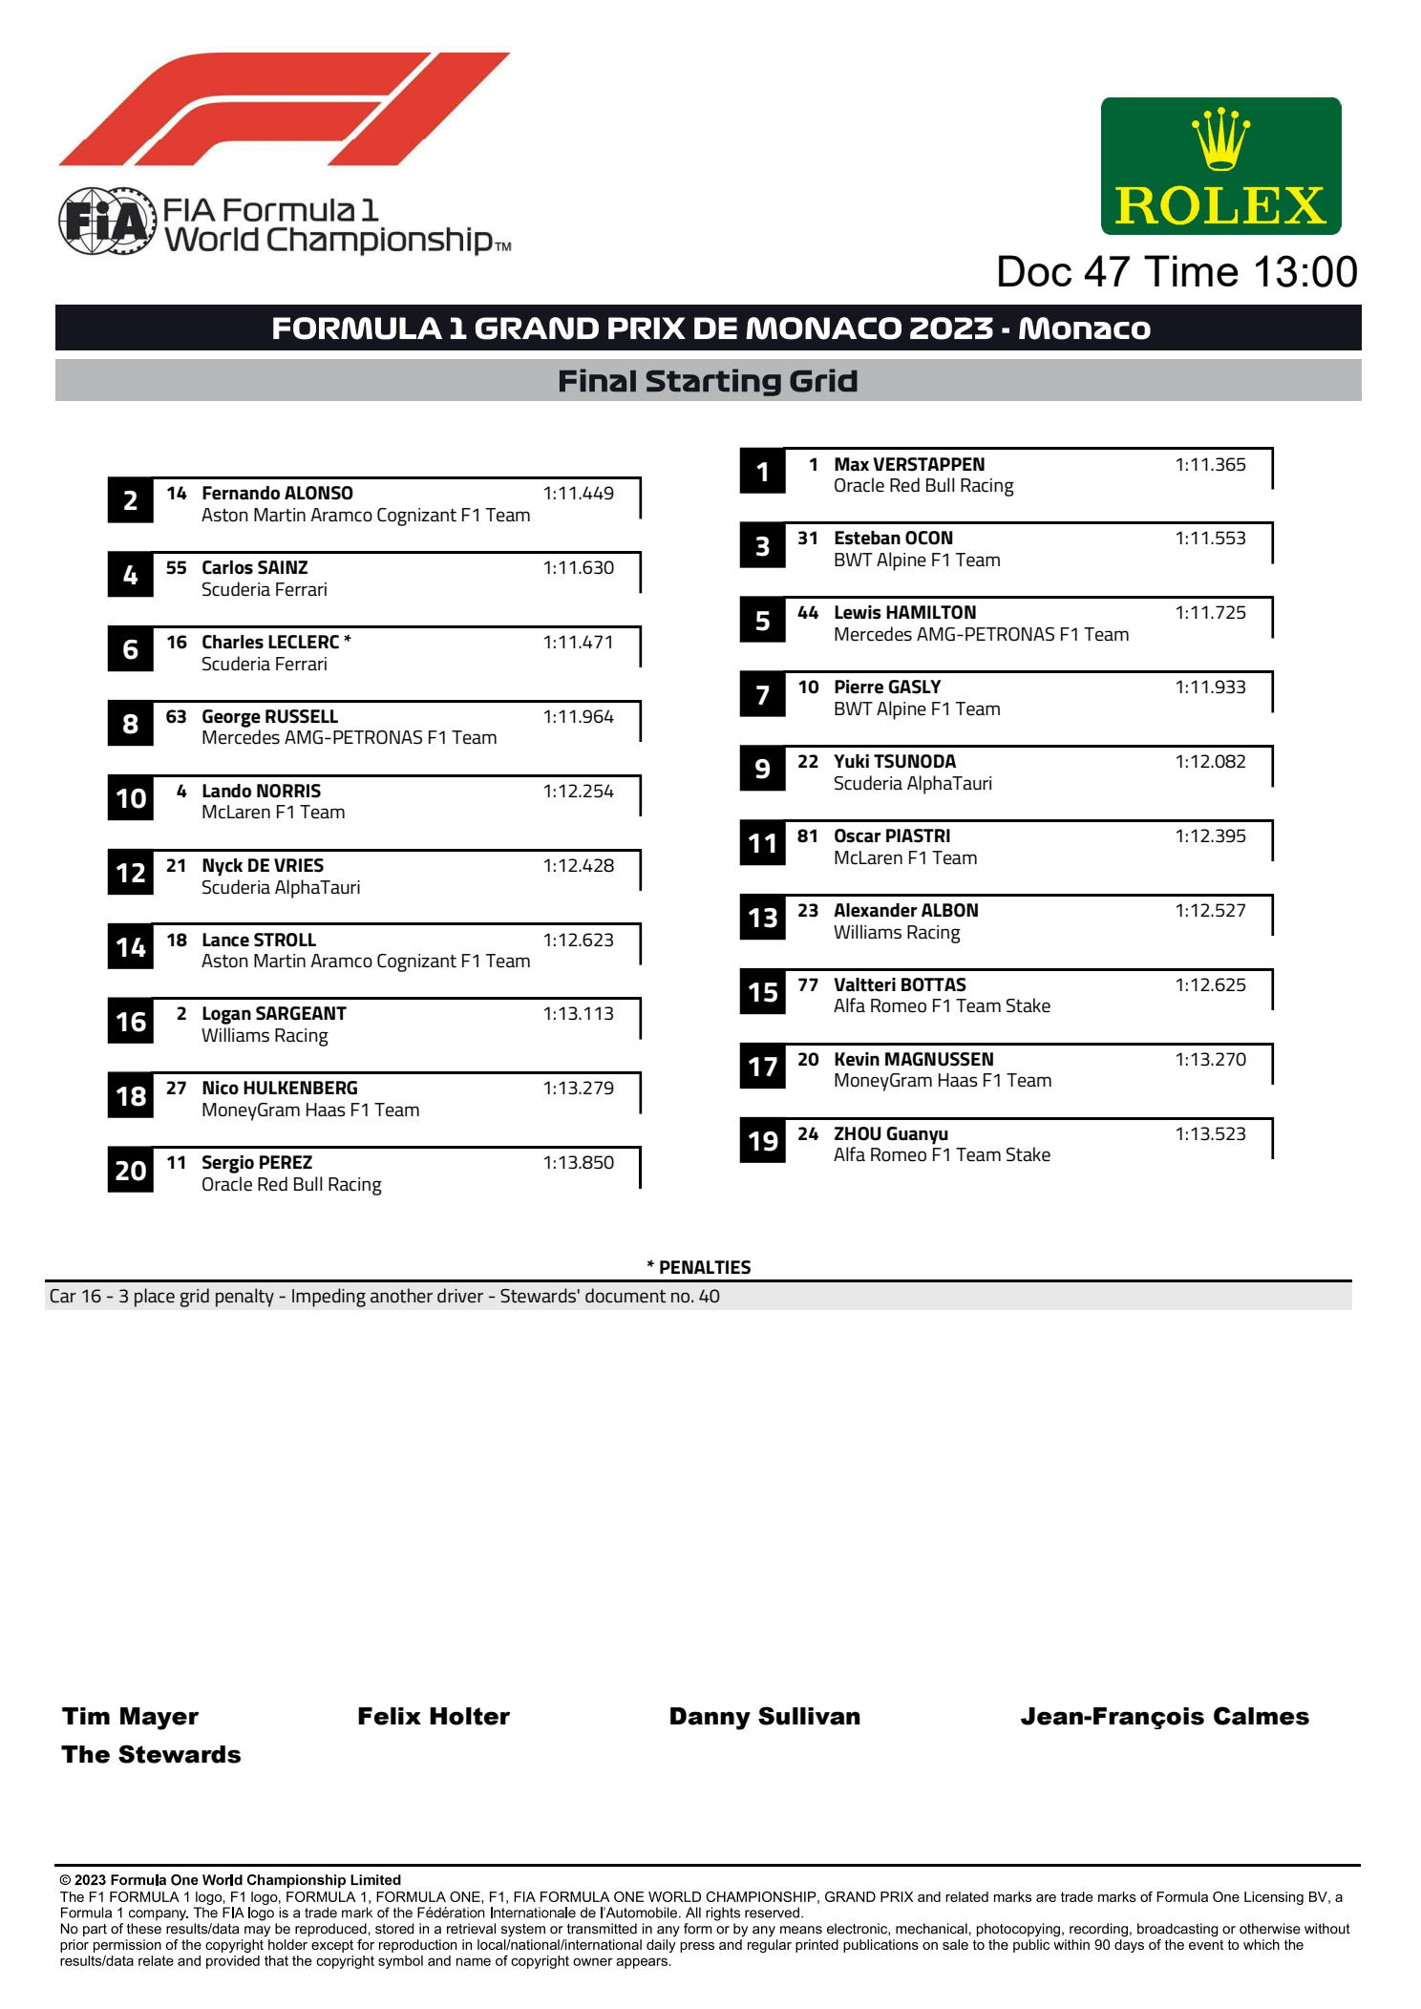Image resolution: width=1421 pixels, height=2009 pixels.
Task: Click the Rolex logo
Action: (x=1220, y=166)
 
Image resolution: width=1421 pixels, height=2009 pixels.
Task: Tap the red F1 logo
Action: (x=285, y=110)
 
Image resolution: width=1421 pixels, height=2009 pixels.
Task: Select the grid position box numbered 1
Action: (x=762, y=472)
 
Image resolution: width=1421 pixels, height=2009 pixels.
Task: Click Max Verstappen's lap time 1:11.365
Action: (x=1210, y=465)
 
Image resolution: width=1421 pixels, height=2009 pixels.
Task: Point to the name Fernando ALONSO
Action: (x=277, y=494)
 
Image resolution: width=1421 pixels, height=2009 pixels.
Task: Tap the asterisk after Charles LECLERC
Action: (x=348, y=641)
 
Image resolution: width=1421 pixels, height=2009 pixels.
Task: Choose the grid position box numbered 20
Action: (x=131, y=1171)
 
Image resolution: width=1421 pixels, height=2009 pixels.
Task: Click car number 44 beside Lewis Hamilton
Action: (x=808, y=613)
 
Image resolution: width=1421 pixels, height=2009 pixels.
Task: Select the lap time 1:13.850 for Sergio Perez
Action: (x=578, y=1163)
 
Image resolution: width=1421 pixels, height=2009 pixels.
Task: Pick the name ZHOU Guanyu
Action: (x=890, y=1134)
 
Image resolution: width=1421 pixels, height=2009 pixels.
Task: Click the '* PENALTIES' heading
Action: (x=699, y=1267)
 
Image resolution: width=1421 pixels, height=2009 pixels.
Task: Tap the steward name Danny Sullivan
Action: (x=764, y=1717)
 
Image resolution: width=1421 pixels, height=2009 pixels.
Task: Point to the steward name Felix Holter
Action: (x=434, y=1717)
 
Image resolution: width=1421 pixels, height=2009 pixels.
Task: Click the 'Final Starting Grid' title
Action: (x=708, y=381)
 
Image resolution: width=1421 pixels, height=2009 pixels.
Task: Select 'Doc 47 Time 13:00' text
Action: (x=1177, y=272)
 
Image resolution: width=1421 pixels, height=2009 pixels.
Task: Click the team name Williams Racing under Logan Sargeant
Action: (x=265, y=1036)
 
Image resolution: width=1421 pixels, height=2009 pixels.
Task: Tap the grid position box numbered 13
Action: (x=762, y=919)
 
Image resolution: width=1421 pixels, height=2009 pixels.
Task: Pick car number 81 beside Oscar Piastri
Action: (x=808, y=836)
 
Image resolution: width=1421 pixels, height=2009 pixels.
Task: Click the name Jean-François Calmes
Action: (x=1164, y=1717)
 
